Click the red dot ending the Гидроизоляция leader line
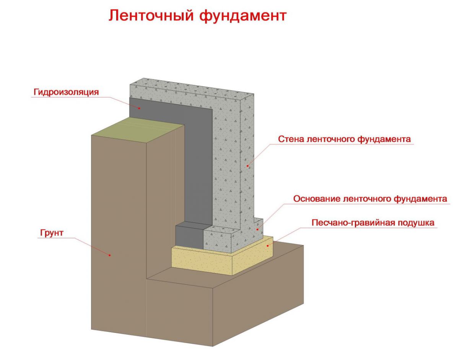coord(139,108)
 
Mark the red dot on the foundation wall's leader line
coord(247,166)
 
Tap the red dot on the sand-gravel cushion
coord(268,246)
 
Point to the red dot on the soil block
coord(110,255)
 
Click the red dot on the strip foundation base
coord(257,229)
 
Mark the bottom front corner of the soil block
coord(213,347)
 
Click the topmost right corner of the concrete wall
coord(254,94)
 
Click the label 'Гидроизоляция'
coord(66,92)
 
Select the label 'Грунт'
coord(52,233)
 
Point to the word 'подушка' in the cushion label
coord(415,223)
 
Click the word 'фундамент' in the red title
coord(243,16)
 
